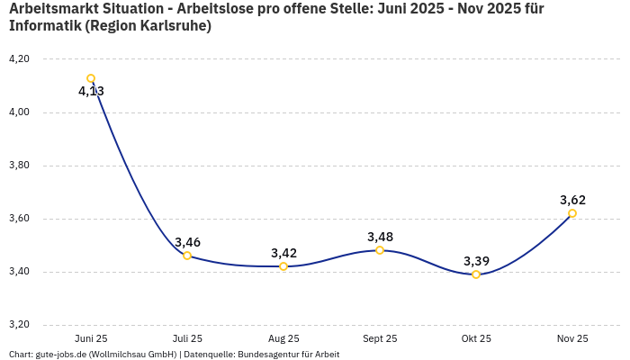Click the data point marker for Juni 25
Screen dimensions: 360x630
pos(91,78)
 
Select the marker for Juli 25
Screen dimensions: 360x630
pos(187,256)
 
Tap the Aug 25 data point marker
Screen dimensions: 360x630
pos(283,266)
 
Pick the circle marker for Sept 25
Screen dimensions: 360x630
pos(380,250)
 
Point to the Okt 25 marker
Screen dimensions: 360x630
pos(476,274)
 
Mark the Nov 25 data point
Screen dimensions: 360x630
pos(572,213)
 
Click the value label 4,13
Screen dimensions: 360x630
pos(91,92)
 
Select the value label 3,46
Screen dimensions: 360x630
pos(187,242)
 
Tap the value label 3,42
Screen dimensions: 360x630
pos(283,253)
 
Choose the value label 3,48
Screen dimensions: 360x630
pos(380,237)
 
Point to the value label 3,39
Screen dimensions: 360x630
pos(476,261)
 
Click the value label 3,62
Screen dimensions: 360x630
pos(572,200)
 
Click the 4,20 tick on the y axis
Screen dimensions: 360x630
pos(18,59)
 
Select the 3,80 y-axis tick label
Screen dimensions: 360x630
pos(18,166)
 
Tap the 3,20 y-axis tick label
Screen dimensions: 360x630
pos(18,325)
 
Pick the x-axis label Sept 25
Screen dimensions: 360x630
pos(380,338)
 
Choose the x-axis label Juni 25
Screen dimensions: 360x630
pos(91,338)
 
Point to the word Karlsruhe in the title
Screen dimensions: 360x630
pos(175,26)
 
